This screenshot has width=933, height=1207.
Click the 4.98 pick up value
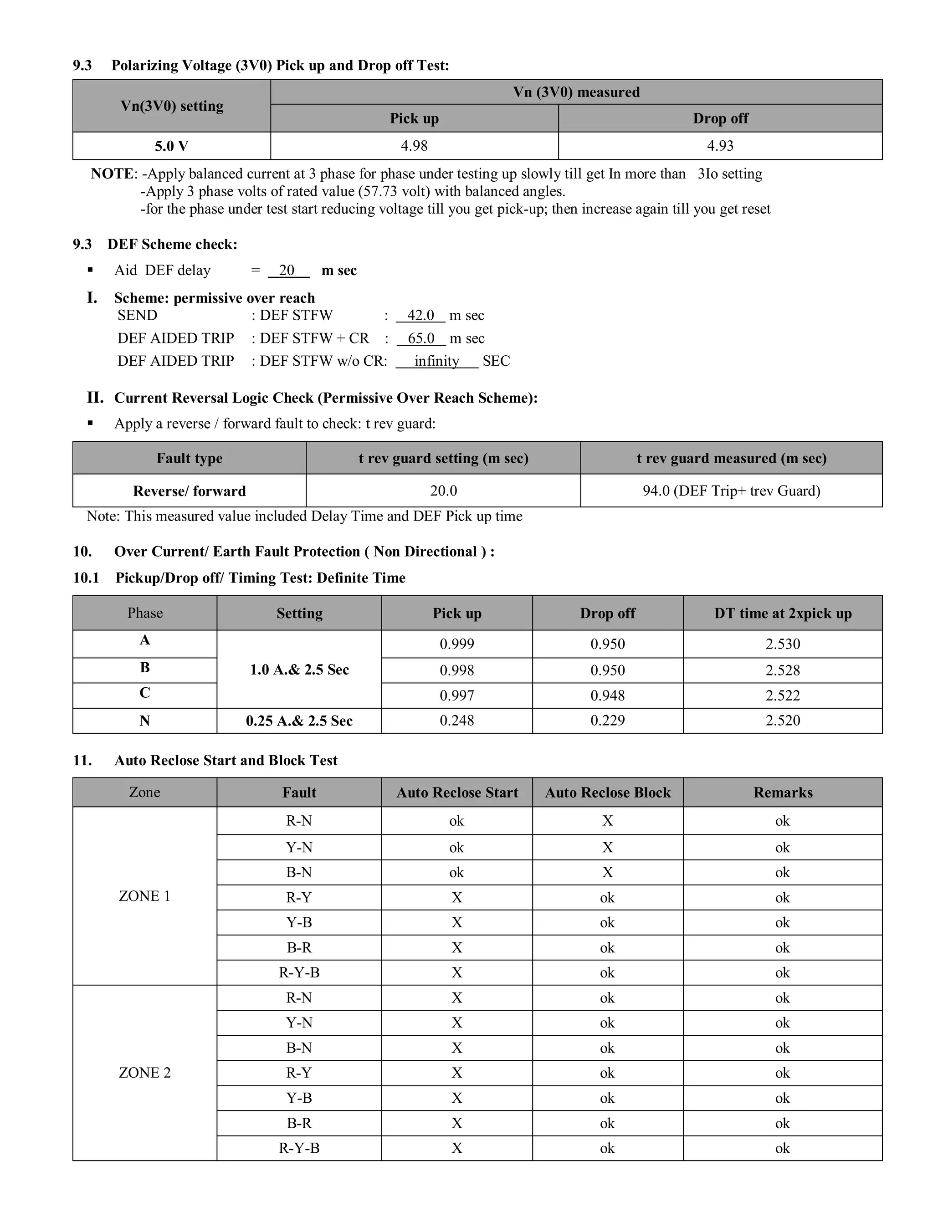point(414,146)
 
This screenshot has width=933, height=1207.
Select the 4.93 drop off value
point(720,146)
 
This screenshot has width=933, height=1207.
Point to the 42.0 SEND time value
point(420,316)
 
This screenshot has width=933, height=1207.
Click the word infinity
point(436,362)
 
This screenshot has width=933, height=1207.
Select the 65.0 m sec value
point(420,338)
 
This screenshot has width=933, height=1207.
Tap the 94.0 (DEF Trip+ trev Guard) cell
point(731,491)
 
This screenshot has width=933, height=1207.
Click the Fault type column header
point(189,458)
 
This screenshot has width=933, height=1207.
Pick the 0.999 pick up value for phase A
point(456,644)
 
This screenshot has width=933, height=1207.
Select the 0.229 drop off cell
point(607,721)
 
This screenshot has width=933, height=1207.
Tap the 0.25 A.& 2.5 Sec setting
point(299,721)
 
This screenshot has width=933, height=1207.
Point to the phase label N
point(144,721)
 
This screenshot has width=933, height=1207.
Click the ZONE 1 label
point(144,896)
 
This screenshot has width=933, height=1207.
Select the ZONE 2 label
point(144,1073)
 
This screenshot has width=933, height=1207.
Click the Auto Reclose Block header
point(607,793)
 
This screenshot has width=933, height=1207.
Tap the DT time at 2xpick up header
point(782,614)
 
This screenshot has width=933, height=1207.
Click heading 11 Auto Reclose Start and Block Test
point(226,761)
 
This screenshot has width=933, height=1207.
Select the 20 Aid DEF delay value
point(286,270)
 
